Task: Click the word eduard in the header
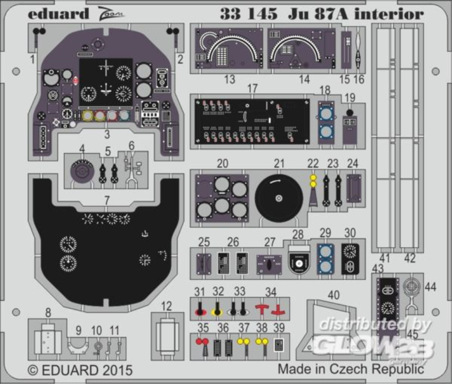click(x=58, y=14)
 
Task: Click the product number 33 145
click(x=249, y=14)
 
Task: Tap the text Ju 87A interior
click(x=356, y=14)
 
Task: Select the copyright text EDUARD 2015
click(x=80, y=370)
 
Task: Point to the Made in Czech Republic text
click(x=351, y=369)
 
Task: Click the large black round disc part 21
click(x=279, y=198)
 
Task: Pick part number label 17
click(x=252, y=88)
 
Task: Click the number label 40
click(x=334, y=296)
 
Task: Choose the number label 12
click(x=166, y=306)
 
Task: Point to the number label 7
click(x=107, y=200)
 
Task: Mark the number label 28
click(x=298, y=234)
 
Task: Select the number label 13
click(x=229, y=79)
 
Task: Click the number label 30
click(x=350, y=234)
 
